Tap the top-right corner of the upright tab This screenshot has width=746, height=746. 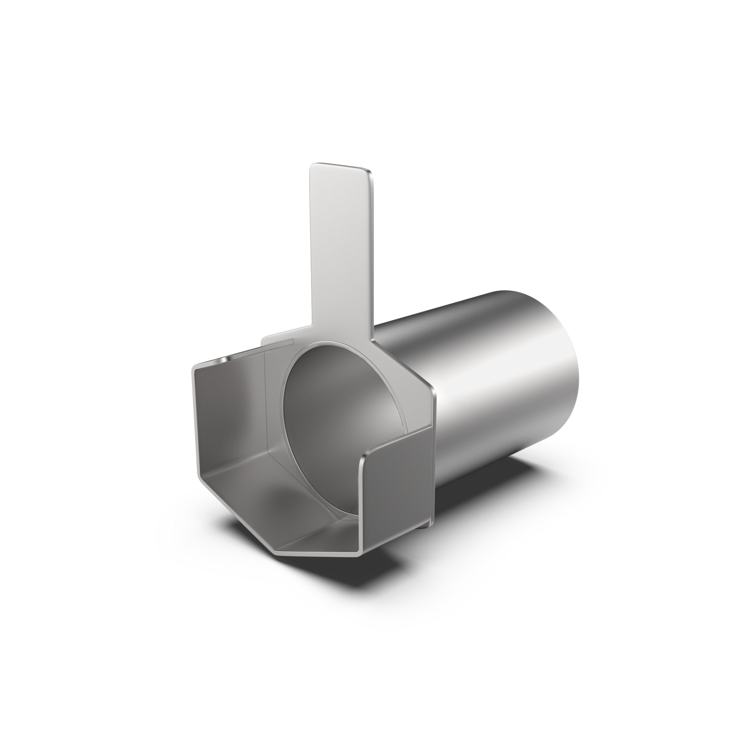pyautogui.click(x=371, y=172)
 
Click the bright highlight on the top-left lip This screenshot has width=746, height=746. pyautogui.click(x=222, y=360)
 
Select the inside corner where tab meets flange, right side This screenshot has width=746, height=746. pyautogui.click(x=374, y=340)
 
